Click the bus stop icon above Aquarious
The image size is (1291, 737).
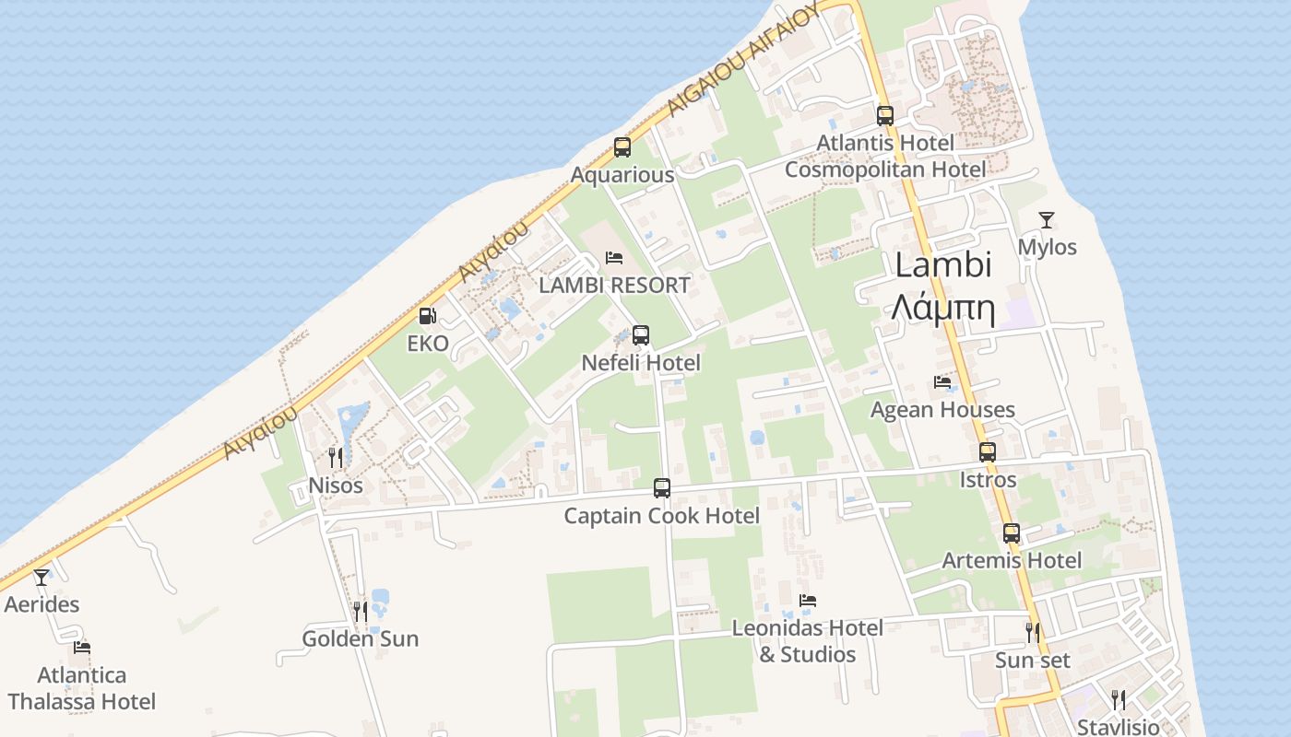[622, 147]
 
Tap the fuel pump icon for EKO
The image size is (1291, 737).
[428, 316]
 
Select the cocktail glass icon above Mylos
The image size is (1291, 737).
[1047, 219]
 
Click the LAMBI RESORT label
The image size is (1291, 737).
[614, 286]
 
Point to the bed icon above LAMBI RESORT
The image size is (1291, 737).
[614, 258]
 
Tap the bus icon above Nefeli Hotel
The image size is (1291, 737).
[641, 335]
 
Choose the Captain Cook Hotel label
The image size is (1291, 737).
[662, 516]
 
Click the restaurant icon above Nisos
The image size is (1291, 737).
[336, 457]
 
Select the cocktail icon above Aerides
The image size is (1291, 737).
[41, 578]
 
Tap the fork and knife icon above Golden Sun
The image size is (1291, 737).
[361, 611]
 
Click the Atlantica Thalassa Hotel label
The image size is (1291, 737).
[82, 688]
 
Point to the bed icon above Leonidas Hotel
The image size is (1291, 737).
[808, 601]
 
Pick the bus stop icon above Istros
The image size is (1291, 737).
[988, 452]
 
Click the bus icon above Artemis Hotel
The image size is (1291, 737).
[1012, 532]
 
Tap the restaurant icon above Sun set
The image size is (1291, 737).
[1033, 632]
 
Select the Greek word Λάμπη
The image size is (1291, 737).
[943, 310]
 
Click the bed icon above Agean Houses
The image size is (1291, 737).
[942, 381]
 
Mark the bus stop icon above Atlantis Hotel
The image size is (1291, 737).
[885, 116]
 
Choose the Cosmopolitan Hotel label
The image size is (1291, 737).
[885, 170]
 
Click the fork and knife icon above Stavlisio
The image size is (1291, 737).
[1119, 699]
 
